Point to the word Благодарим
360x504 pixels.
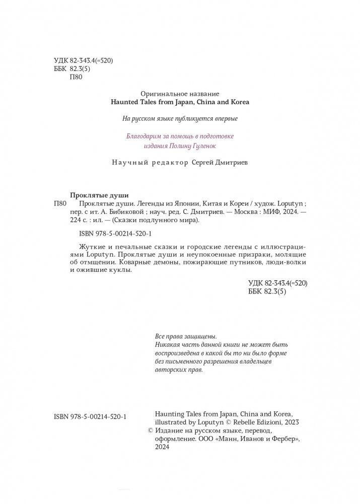coord(145,136)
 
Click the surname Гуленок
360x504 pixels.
coord(206,145)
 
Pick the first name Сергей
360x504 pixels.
coord(207,163)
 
